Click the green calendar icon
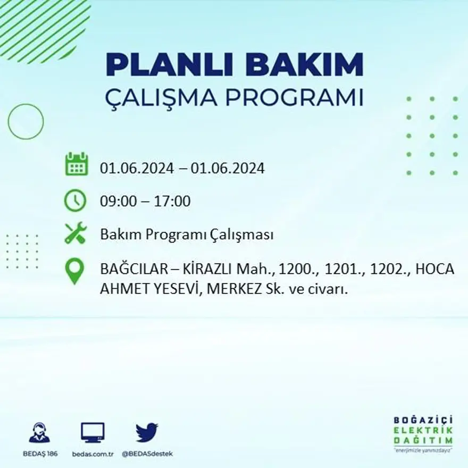(x=76, y=164)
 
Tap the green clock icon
(x=75, y=200)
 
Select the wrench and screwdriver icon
(x=76, y=233)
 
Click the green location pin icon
(x=75, y=270)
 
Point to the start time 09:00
(x=116, y=202)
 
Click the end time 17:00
(x=172, y=202)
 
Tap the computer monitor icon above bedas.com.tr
(x=93, y=432)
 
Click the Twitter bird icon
(x=147, y=432)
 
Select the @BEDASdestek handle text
(x=147, y=454)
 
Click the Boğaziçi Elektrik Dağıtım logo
(x=423, y=432)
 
